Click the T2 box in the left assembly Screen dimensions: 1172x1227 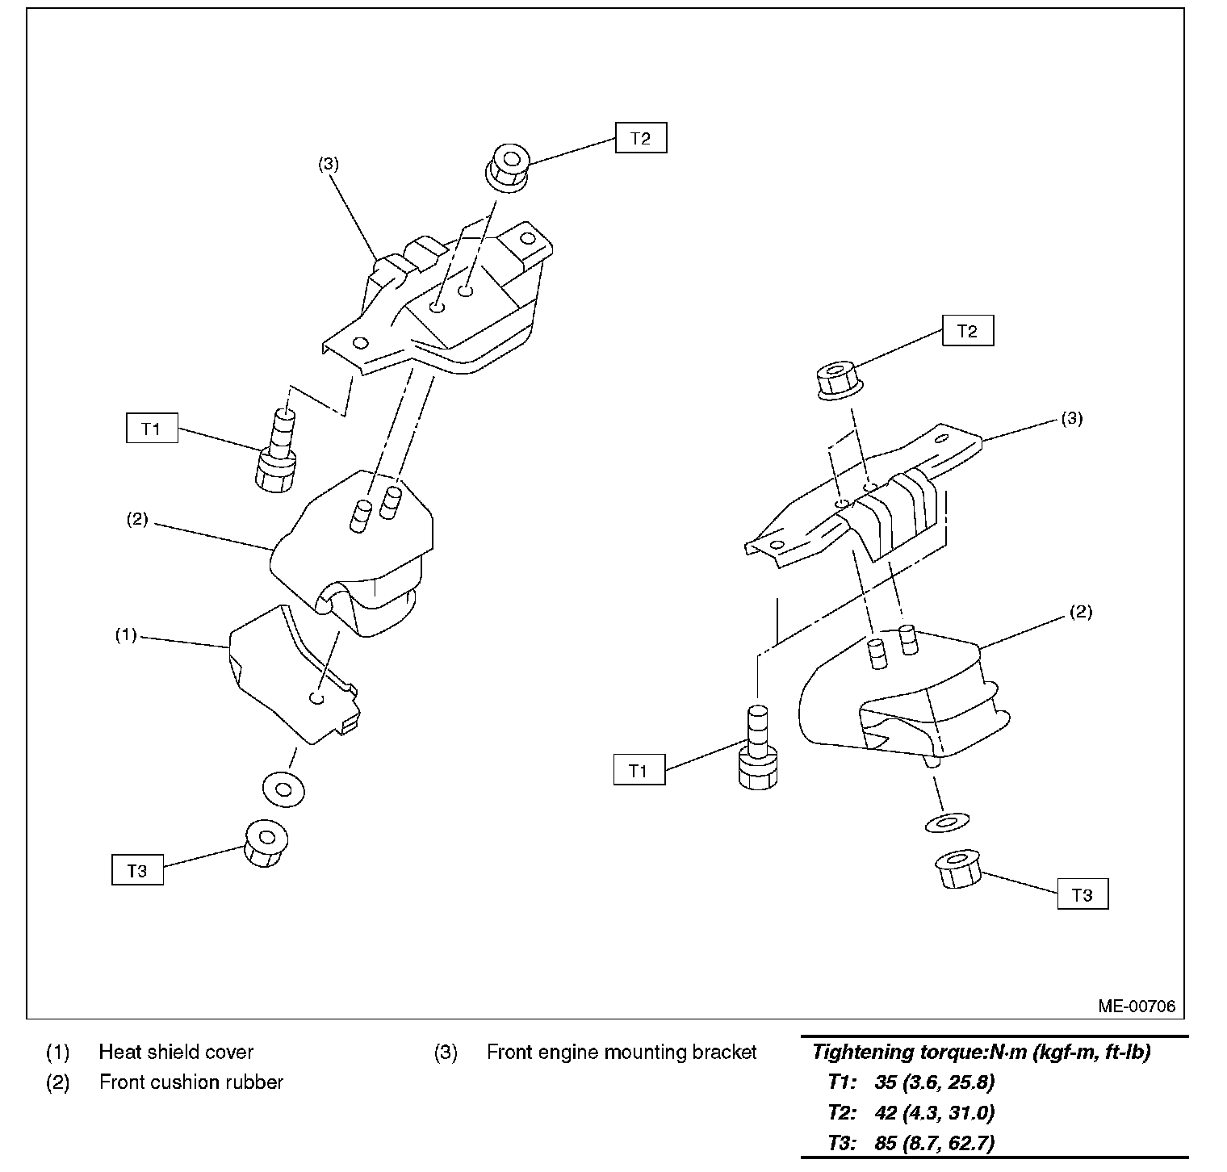tap(640, 138)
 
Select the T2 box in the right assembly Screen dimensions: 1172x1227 tap(967, 331)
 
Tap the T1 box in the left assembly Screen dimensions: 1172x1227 tap(152, 429)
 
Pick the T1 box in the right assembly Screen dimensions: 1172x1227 tap(639, 771)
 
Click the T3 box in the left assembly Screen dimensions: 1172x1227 tap(137, 871)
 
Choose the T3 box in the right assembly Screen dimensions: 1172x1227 tap(1083, 894)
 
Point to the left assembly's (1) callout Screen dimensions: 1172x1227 tap(126, 635)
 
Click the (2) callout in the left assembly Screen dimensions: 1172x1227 tap(137, 519)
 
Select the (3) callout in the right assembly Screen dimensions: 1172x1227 tap(1071, 419)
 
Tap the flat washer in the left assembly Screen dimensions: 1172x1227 tap(283, 787)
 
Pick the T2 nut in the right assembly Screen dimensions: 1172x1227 tap(838, 380)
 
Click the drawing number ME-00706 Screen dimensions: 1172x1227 tap(1136, 1007)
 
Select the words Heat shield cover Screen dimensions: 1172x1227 tap(176, 1053)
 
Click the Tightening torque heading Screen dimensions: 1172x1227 tap(981, 1053)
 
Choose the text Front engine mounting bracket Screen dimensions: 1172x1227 tap(622, 1053)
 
